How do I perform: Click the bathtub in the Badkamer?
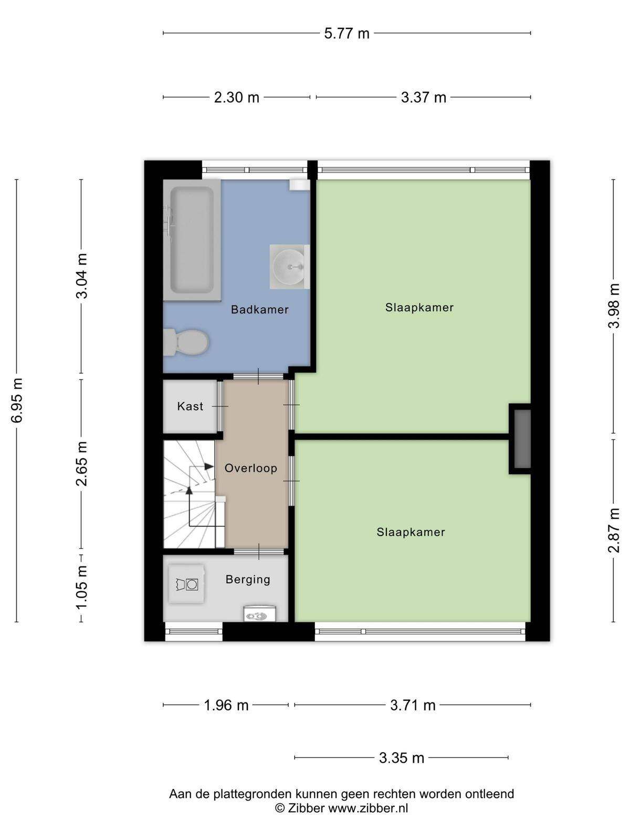click(192, 240)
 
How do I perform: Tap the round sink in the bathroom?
click(289, 267)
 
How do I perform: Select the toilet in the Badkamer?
click(186, 342)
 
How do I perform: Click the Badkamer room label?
click(260, 310)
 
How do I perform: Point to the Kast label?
click(190, 406)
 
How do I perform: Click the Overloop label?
click(251, 468)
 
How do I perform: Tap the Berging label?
click(248, 580)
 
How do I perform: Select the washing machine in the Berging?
click(186, 584)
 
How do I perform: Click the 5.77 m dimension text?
click(346, 34)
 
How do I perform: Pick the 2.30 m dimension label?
click(236, 98)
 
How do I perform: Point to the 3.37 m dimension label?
click(424, 98)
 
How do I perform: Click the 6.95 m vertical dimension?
click(17, 400)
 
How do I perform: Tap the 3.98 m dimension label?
click(614, 306)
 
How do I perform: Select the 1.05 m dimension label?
click(81, 588)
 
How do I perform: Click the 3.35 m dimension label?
click(402, 758)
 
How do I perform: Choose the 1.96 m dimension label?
click(226, 705)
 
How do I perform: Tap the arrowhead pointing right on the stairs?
click(209, 467)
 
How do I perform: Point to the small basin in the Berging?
click(260, 613)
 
